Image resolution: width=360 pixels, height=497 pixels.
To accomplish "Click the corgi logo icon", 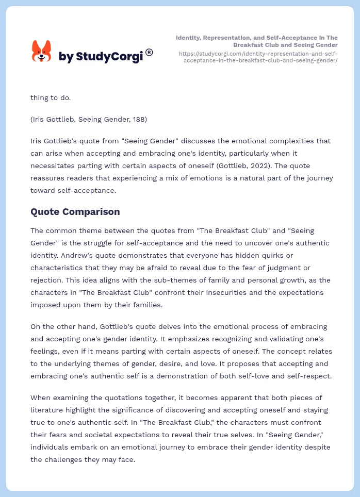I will pyautogui.click(x=42, y=51).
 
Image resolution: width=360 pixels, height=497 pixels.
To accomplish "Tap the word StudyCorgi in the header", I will pyautogui.click(x=109, y=57).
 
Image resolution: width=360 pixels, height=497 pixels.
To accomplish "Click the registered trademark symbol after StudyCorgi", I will pyautogui.click(x=149, y=52).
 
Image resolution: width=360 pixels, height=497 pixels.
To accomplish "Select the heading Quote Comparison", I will pyautogui.click(x=75, y=211).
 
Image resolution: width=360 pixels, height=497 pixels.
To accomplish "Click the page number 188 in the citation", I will pyautogui.click(x=139, y=120).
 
